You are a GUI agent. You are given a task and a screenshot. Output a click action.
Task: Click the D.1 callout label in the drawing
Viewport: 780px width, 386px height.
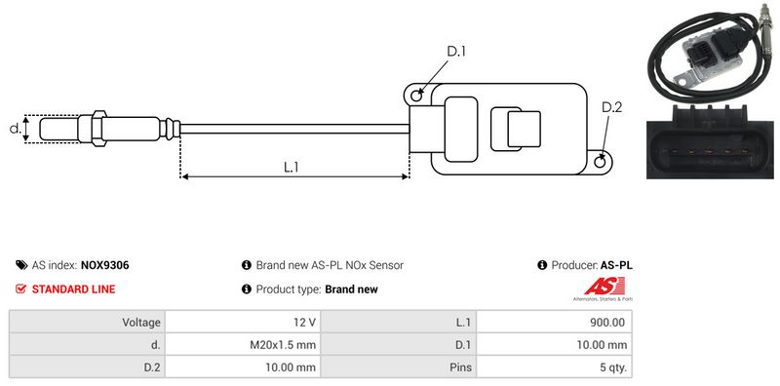coord(456,52)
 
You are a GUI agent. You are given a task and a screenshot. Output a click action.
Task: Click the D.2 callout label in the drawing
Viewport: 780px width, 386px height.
coord(612,107)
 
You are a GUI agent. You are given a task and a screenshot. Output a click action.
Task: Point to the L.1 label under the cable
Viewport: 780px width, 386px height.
coord(291,167)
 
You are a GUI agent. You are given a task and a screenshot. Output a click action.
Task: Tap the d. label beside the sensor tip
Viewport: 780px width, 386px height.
coord(15,129)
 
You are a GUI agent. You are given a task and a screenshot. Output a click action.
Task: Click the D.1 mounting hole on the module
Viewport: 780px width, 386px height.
coord(417,94)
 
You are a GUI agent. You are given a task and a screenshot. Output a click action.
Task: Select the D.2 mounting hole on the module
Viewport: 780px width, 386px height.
coord(601,161)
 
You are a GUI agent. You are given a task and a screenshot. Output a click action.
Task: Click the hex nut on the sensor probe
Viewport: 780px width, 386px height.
coord(99,129)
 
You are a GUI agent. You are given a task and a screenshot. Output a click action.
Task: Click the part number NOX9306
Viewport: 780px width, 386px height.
coord(105,265)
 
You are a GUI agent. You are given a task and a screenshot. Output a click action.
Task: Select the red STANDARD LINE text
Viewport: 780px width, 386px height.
coord(74,289)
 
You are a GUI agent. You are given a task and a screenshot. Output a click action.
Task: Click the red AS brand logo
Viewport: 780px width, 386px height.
coord(604,287)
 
